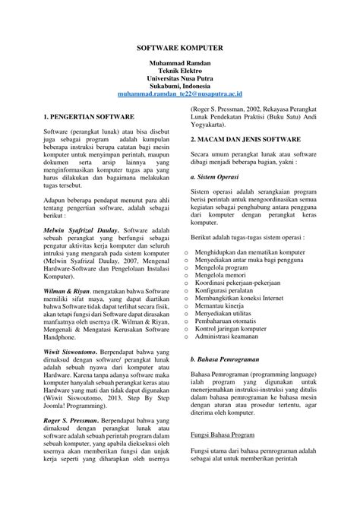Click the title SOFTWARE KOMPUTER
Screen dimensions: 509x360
coord(180,45)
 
